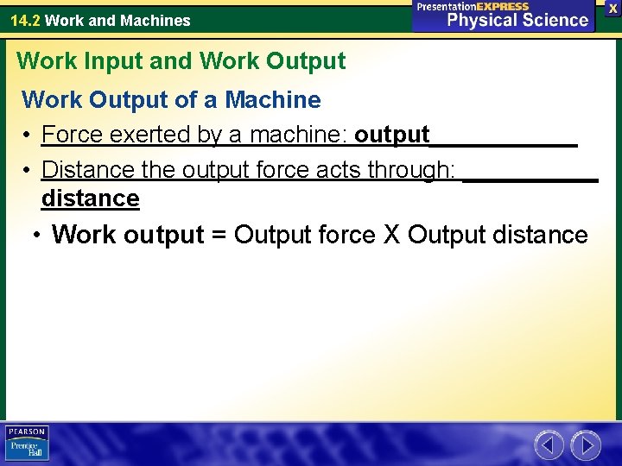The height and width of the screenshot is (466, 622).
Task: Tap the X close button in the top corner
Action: [612, 8]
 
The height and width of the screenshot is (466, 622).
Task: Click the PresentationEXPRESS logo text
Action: [473, 6]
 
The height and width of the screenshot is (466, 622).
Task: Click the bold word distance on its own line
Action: [91, 198]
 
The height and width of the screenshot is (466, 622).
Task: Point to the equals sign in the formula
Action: [219, 235]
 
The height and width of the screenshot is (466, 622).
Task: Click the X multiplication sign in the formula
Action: [391, 235]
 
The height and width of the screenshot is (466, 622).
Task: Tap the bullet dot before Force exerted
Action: [29, 135]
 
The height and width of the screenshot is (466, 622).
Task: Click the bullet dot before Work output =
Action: [36, 236]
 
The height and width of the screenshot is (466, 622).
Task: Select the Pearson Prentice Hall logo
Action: [27, 443]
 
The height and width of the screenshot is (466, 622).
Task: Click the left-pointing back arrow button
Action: [549, 445]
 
